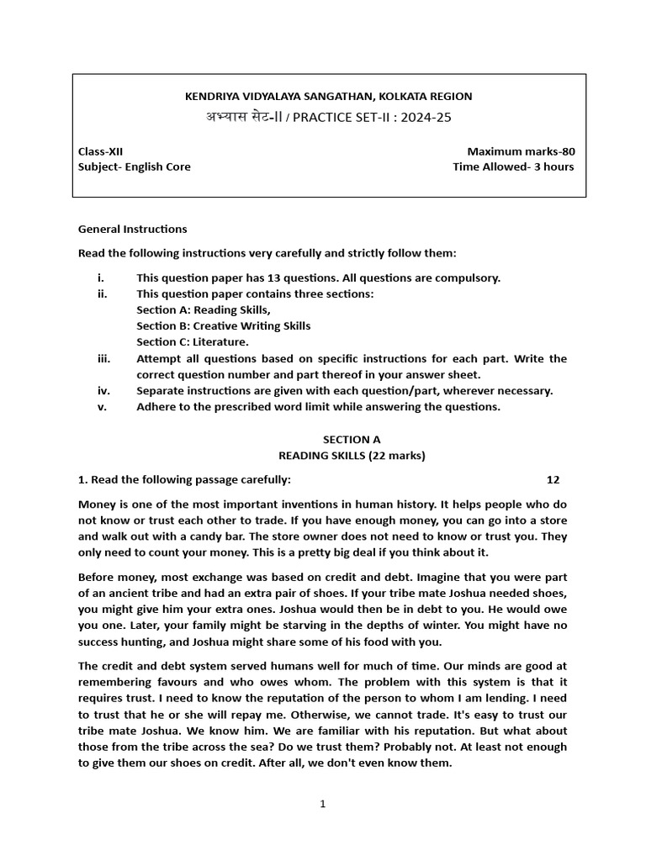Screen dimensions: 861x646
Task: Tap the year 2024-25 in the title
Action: pyautogui.click(x=426, y=118)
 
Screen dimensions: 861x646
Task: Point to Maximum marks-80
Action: pyautogui.click(x=521, y=151)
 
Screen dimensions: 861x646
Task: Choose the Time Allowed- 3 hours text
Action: pyautogui.click(x=513, y=166)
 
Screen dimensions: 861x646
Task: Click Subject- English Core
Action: pyautogui.click(x=135, y=166)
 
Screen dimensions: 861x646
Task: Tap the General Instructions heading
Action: pyautogui.click(x=133, y=229)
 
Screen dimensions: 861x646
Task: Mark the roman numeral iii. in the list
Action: pyautogui.click(x=103, y=358)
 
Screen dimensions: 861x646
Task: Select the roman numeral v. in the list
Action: pyautogui.click(x=102, y=407)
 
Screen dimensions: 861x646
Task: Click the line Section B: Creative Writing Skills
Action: pyautogui.click(x=223, y=326)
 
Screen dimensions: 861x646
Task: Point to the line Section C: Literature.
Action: pyautogui.click(x=193, y=342)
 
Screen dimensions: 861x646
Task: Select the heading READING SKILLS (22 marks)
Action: pyautogui.click(x=352, y=456)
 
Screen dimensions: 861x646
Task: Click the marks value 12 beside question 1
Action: pyautogui.click(x=553, y=479)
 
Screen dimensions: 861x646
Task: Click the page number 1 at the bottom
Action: pyautogui.click(x=322, y=804)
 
